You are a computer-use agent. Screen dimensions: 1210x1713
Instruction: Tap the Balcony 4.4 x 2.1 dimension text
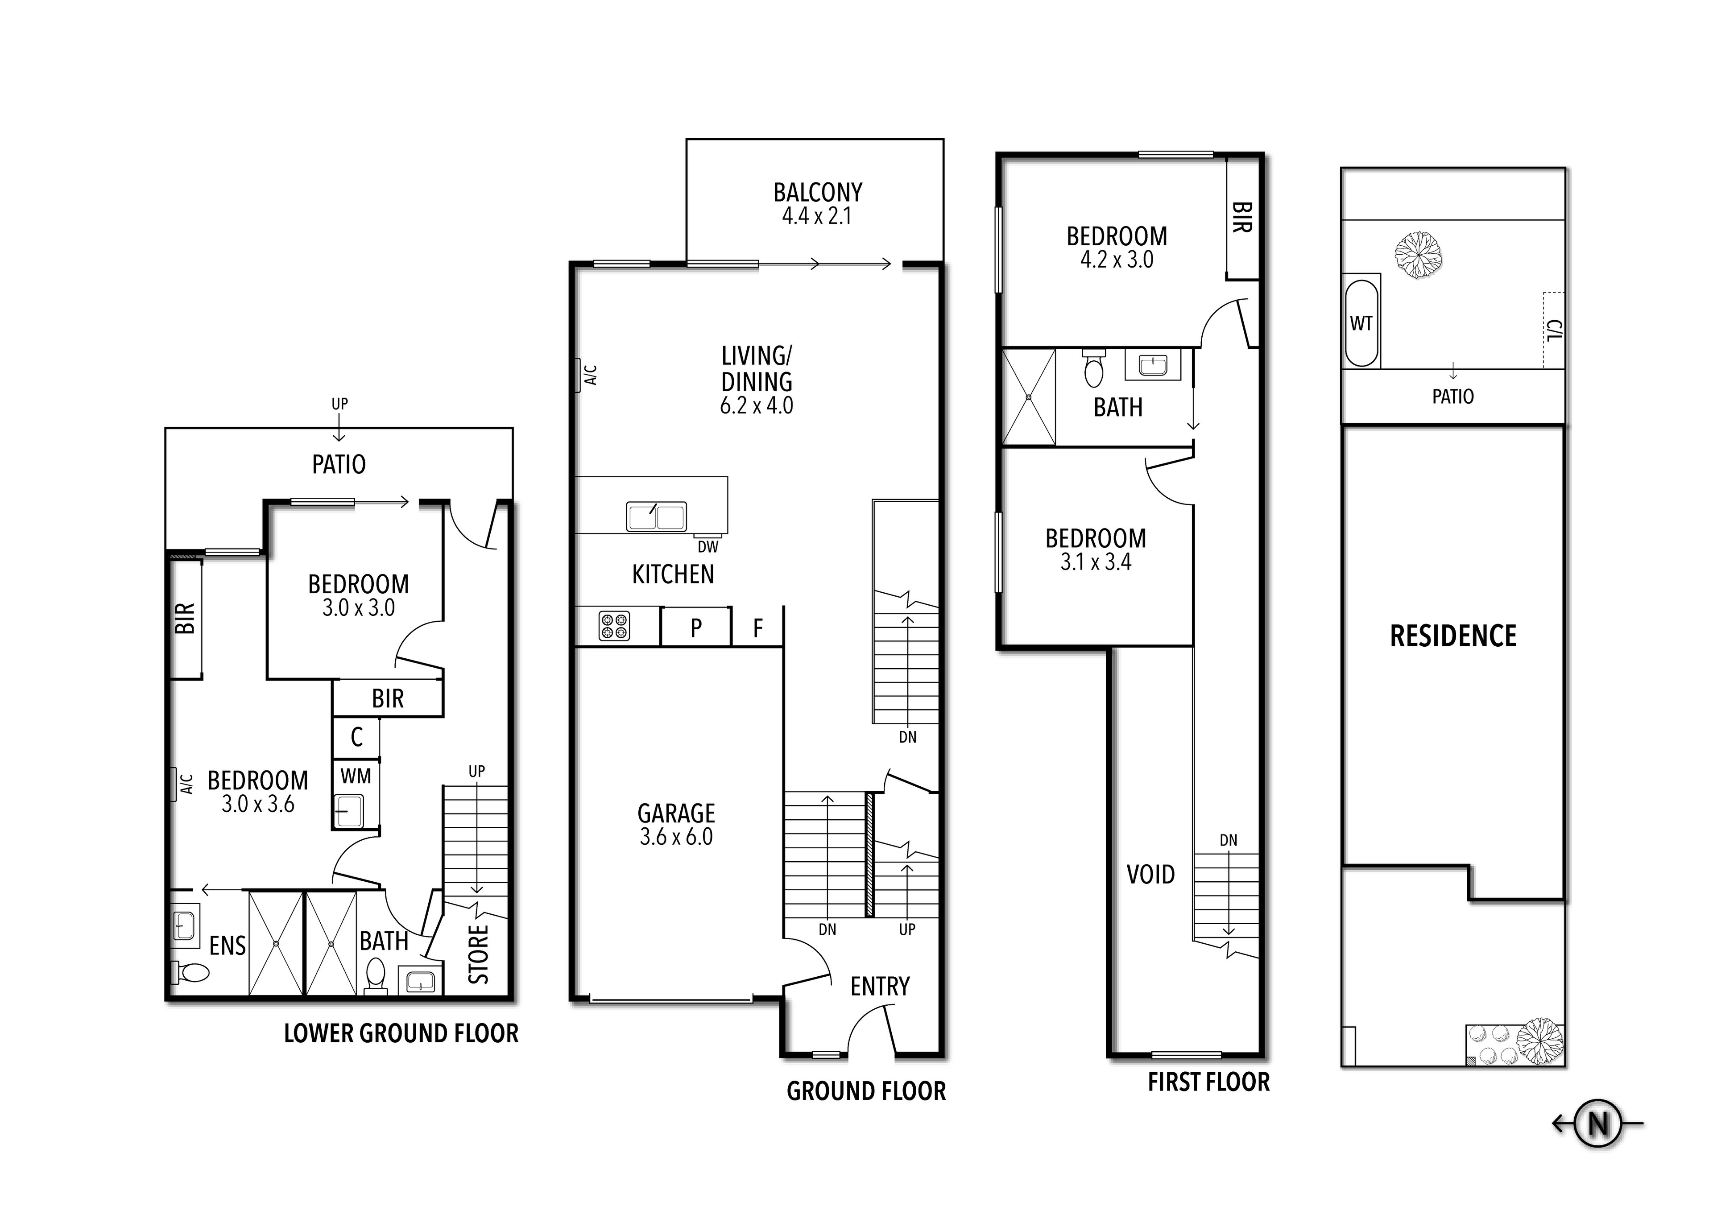pos(816,216)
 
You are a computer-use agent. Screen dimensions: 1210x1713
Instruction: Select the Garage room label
pos(676,813)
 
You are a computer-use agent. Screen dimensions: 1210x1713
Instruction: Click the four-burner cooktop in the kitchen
pos(614,626)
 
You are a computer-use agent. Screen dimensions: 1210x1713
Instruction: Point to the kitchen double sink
pos(656,516)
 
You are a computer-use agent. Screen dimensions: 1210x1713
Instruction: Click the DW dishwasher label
pos(708,547)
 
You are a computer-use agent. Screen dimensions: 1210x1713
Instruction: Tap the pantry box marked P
pos(695,628)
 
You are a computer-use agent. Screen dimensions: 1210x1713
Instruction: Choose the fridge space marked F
pos(758,628)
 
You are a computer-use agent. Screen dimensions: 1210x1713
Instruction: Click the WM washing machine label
pos(356,776)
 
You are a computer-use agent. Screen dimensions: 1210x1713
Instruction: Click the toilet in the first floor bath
pos(1094,368)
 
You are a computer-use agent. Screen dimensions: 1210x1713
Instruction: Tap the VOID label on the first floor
pos(1150,874)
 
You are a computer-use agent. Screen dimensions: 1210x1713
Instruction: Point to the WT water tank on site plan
pos(1361,323)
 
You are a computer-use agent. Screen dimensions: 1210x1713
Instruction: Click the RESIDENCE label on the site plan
pos(1452,636)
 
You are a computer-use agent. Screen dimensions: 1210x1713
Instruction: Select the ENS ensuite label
pos(228,946)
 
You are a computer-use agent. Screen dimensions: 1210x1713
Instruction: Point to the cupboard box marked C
pos(356,737)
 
